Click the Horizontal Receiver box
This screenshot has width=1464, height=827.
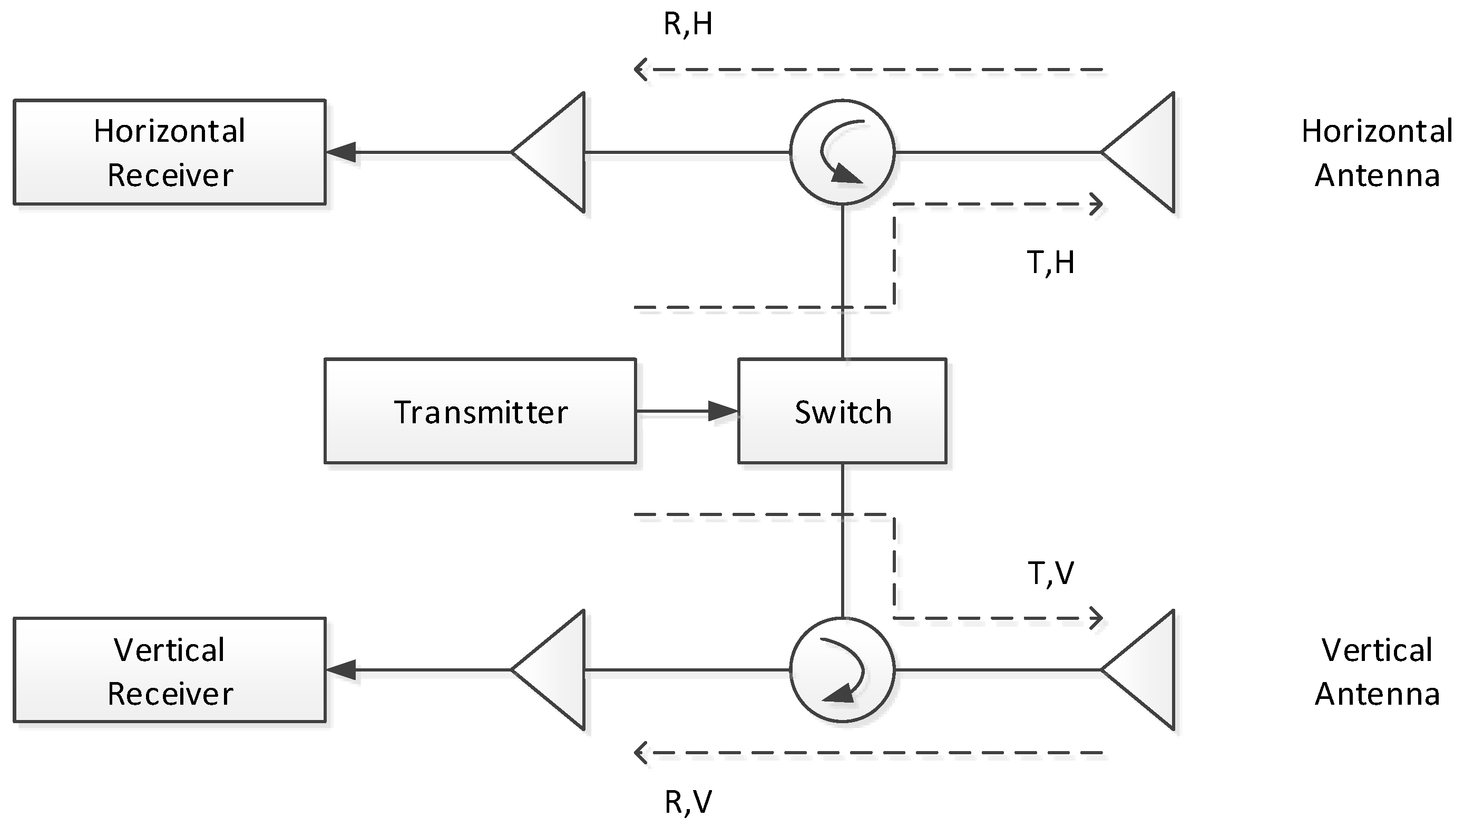pyautogui.click(x=169, y=152)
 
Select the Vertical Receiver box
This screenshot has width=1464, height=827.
pyautogui.click(x=169, y=670)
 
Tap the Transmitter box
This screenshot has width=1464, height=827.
pyautogui.click(x=480, y=411)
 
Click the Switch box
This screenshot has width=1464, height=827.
pyautogui.click(x=842, y=411)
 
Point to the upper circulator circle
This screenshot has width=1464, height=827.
pyautogui.click(x=842, y=152)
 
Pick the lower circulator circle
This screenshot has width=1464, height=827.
pyautogui.click(x=842, y=670)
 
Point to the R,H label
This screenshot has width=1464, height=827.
pyautogui.click(x=688, y=24)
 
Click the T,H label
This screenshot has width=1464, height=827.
pyautogui.click(x=1050, y=262)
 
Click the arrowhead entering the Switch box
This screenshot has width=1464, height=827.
pyautogui.click(x=723, y=411)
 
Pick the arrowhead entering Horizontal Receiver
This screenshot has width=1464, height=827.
pyautogui.click(x=341, y=152)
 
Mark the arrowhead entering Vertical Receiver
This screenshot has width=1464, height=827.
pyautogui.click(x=341, y=670)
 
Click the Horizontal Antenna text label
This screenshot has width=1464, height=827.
pyautogui.click(x=1377, y=153)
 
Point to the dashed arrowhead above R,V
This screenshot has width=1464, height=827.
pyautogui.click(x=641, y=753)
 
